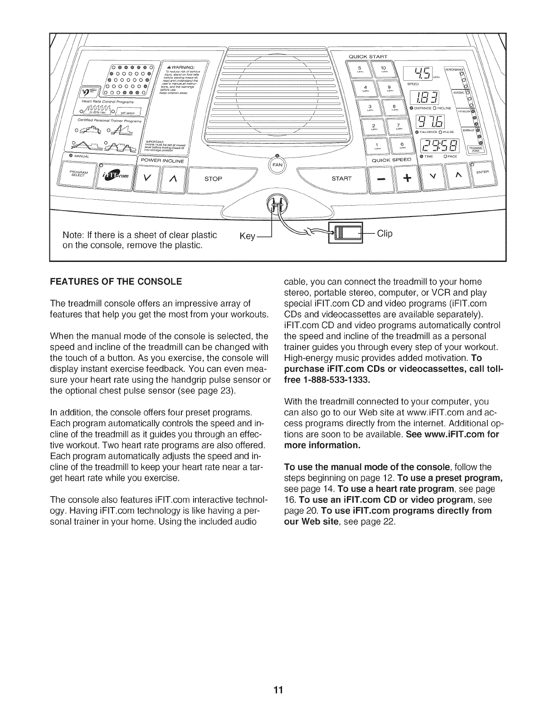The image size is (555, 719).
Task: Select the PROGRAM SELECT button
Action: click(x=80, y=174)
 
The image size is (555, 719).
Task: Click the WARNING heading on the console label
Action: click(x=184, y=68)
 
